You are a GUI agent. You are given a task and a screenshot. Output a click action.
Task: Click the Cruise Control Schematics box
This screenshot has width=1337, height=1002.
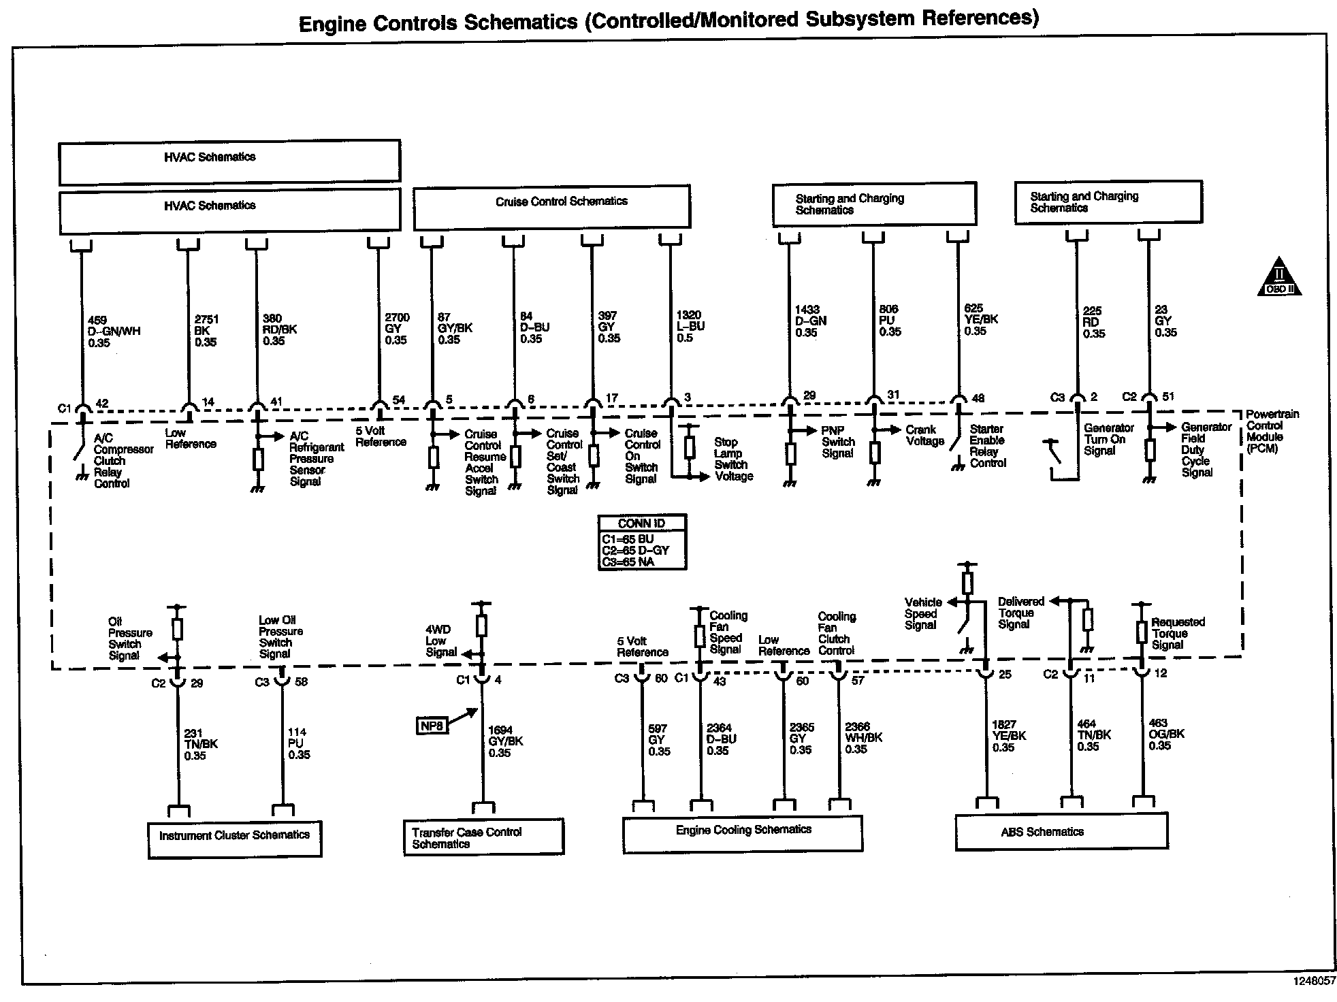551,206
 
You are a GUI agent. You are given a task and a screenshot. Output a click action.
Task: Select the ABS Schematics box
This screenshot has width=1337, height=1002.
1061,832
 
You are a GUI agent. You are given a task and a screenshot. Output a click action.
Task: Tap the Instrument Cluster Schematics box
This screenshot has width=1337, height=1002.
235,839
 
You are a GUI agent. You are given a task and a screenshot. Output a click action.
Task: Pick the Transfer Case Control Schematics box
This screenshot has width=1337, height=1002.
483,837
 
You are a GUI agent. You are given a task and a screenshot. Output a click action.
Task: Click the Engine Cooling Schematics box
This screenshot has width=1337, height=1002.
743,833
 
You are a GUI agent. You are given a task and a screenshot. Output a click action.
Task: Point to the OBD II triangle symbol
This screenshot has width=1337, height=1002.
1279,278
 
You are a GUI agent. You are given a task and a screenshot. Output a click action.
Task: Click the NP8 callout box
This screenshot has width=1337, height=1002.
432,726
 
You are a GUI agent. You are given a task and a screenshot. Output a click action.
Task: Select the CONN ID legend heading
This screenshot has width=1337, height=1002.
641,523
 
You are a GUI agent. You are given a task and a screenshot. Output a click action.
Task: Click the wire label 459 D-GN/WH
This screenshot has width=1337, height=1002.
114,331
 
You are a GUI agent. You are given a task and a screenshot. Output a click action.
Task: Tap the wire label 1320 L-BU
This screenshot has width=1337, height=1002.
690,326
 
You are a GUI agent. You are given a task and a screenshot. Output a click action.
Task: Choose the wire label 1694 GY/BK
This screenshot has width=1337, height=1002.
505,741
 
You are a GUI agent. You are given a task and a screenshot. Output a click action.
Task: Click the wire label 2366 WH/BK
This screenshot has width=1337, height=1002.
863,738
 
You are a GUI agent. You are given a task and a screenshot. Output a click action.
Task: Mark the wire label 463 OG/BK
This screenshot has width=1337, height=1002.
1166,734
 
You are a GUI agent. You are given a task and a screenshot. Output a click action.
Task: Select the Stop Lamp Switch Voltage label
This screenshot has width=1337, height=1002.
733,459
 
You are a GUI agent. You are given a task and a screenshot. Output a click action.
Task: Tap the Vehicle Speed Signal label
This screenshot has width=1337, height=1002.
923,613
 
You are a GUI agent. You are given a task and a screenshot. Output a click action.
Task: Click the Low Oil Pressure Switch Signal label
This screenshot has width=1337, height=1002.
280,637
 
